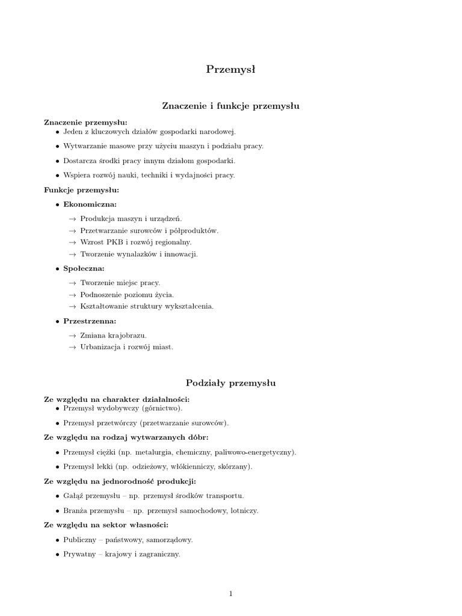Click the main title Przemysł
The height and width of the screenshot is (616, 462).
(x=231, y=70)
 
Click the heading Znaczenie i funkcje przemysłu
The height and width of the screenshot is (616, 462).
(x=231, y=106)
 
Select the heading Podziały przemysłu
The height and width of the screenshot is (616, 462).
(x=231, y=383)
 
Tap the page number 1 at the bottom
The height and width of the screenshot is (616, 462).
(x=230, y=594)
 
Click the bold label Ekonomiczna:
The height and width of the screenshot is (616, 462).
(x=90, y=205)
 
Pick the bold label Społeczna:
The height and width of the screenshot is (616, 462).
(x=84, y=268)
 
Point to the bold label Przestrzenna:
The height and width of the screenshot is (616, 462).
(x=90, y=321)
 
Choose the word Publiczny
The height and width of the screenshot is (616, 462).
(x=80, y=540)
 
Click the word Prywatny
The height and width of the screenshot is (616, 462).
(x=79, y=555)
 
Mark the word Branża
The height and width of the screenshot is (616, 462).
(x=76, y=511)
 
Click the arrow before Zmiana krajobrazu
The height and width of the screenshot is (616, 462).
(x=73, y=335)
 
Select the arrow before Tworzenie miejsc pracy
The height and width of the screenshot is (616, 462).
(x=73, y=283)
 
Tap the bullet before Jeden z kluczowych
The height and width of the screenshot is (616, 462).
(x=57, y=132)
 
